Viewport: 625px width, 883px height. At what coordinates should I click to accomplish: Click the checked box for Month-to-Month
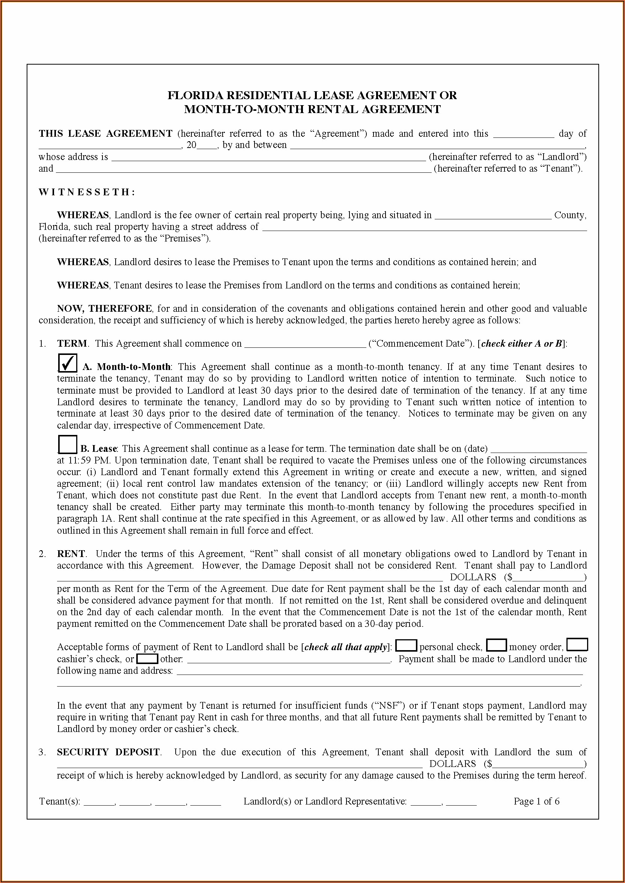tap(67, 363)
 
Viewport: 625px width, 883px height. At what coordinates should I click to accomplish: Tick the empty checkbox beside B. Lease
tap(67, 444)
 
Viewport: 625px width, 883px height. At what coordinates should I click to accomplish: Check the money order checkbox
tap(497, 645)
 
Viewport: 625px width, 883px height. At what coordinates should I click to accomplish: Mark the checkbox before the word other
tap(148, 658)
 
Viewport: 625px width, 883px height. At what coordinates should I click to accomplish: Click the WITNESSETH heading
tap(87, 192)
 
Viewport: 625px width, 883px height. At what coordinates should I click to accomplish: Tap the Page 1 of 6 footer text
tap(536, 801)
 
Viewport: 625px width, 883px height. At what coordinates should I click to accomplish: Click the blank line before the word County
tap(493, 216)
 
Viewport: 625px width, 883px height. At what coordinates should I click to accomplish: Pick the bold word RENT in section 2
tap(71, 554)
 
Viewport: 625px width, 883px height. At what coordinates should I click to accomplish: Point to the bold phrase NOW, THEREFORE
tap(104, 308)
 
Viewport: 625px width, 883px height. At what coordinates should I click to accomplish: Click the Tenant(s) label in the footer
tap(60, 801)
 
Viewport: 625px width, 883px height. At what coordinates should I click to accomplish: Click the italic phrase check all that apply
tap(346, 647)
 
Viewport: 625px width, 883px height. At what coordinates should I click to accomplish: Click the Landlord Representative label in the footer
tap(325, 801)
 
